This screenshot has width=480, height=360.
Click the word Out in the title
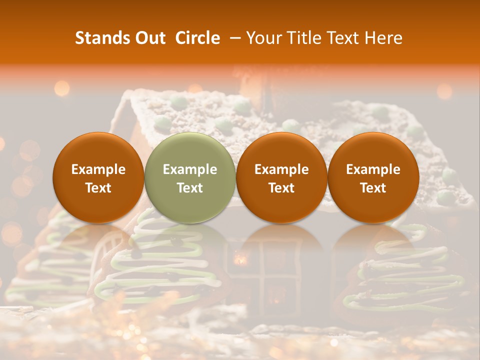pos(148,38)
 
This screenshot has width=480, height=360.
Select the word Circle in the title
pos(197,38)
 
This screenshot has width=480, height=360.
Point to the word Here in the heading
pos(383,38)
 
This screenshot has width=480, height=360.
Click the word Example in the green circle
pos(190,169)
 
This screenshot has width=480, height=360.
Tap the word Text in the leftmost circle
pos(98,188)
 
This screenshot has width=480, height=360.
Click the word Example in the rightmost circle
pos(373,169)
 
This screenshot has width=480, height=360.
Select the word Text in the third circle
pos(281,188)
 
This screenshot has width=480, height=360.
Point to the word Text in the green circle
pos(190,188)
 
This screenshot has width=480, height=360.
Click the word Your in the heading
pos(261,38)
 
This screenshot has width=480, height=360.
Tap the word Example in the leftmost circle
pos(98,169)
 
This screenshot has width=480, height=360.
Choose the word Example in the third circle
pos(281,169)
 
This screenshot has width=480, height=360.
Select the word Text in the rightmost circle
pos(373,188)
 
